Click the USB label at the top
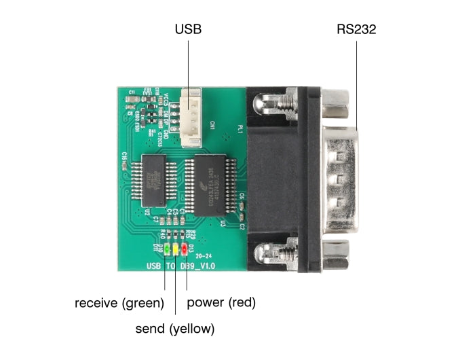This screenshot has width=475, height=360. [188, 29]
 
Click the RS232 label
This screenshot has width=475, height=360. [356, 29]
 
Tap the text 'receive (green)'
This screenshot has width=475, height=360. [119, 302]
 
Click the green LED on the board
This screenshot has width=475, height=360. [167, 249]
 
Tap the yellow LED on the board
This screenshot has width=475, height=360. [176, 249]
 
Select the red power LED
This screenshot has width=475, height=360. [184, 249]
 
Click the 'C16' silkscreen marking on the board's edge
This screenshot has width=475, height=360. [125, 156]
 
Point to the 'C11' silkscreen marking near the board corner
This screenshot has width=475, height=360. [132, 91]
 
